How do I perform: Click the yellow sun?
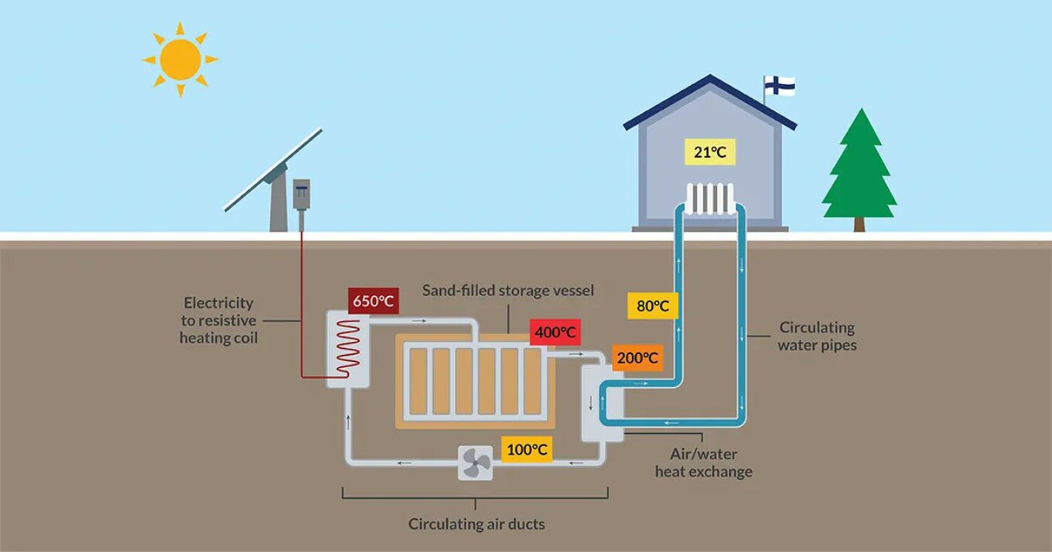tap(180, 59)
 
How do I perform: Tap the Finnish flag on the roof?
tap(780, 85)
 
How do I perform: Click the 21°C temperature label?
tap(709, 152)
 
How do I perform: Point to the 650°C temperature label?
tap(374, 301)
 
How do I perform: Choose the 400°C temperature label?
tap(555, 332)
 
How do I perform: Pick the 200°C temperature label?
tap(637, 358)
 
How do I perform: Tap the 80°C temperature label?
tap(652, 306)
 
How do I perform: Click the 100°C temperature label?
tap(528, 449)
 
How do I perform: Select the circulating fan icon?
tap(475, 464)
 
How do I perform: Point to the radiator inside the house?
tap(709, 199)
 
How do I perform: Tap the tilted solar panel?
tap(273, 170)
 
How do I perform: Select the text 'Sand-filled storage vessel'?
tap(507, 291)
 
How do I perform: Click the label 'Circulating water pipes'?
tap(817, 336)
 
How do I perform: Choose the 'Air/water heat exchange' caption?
tap(703, 463)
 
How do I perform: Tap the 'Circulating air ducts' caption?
tap(476, 524)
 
